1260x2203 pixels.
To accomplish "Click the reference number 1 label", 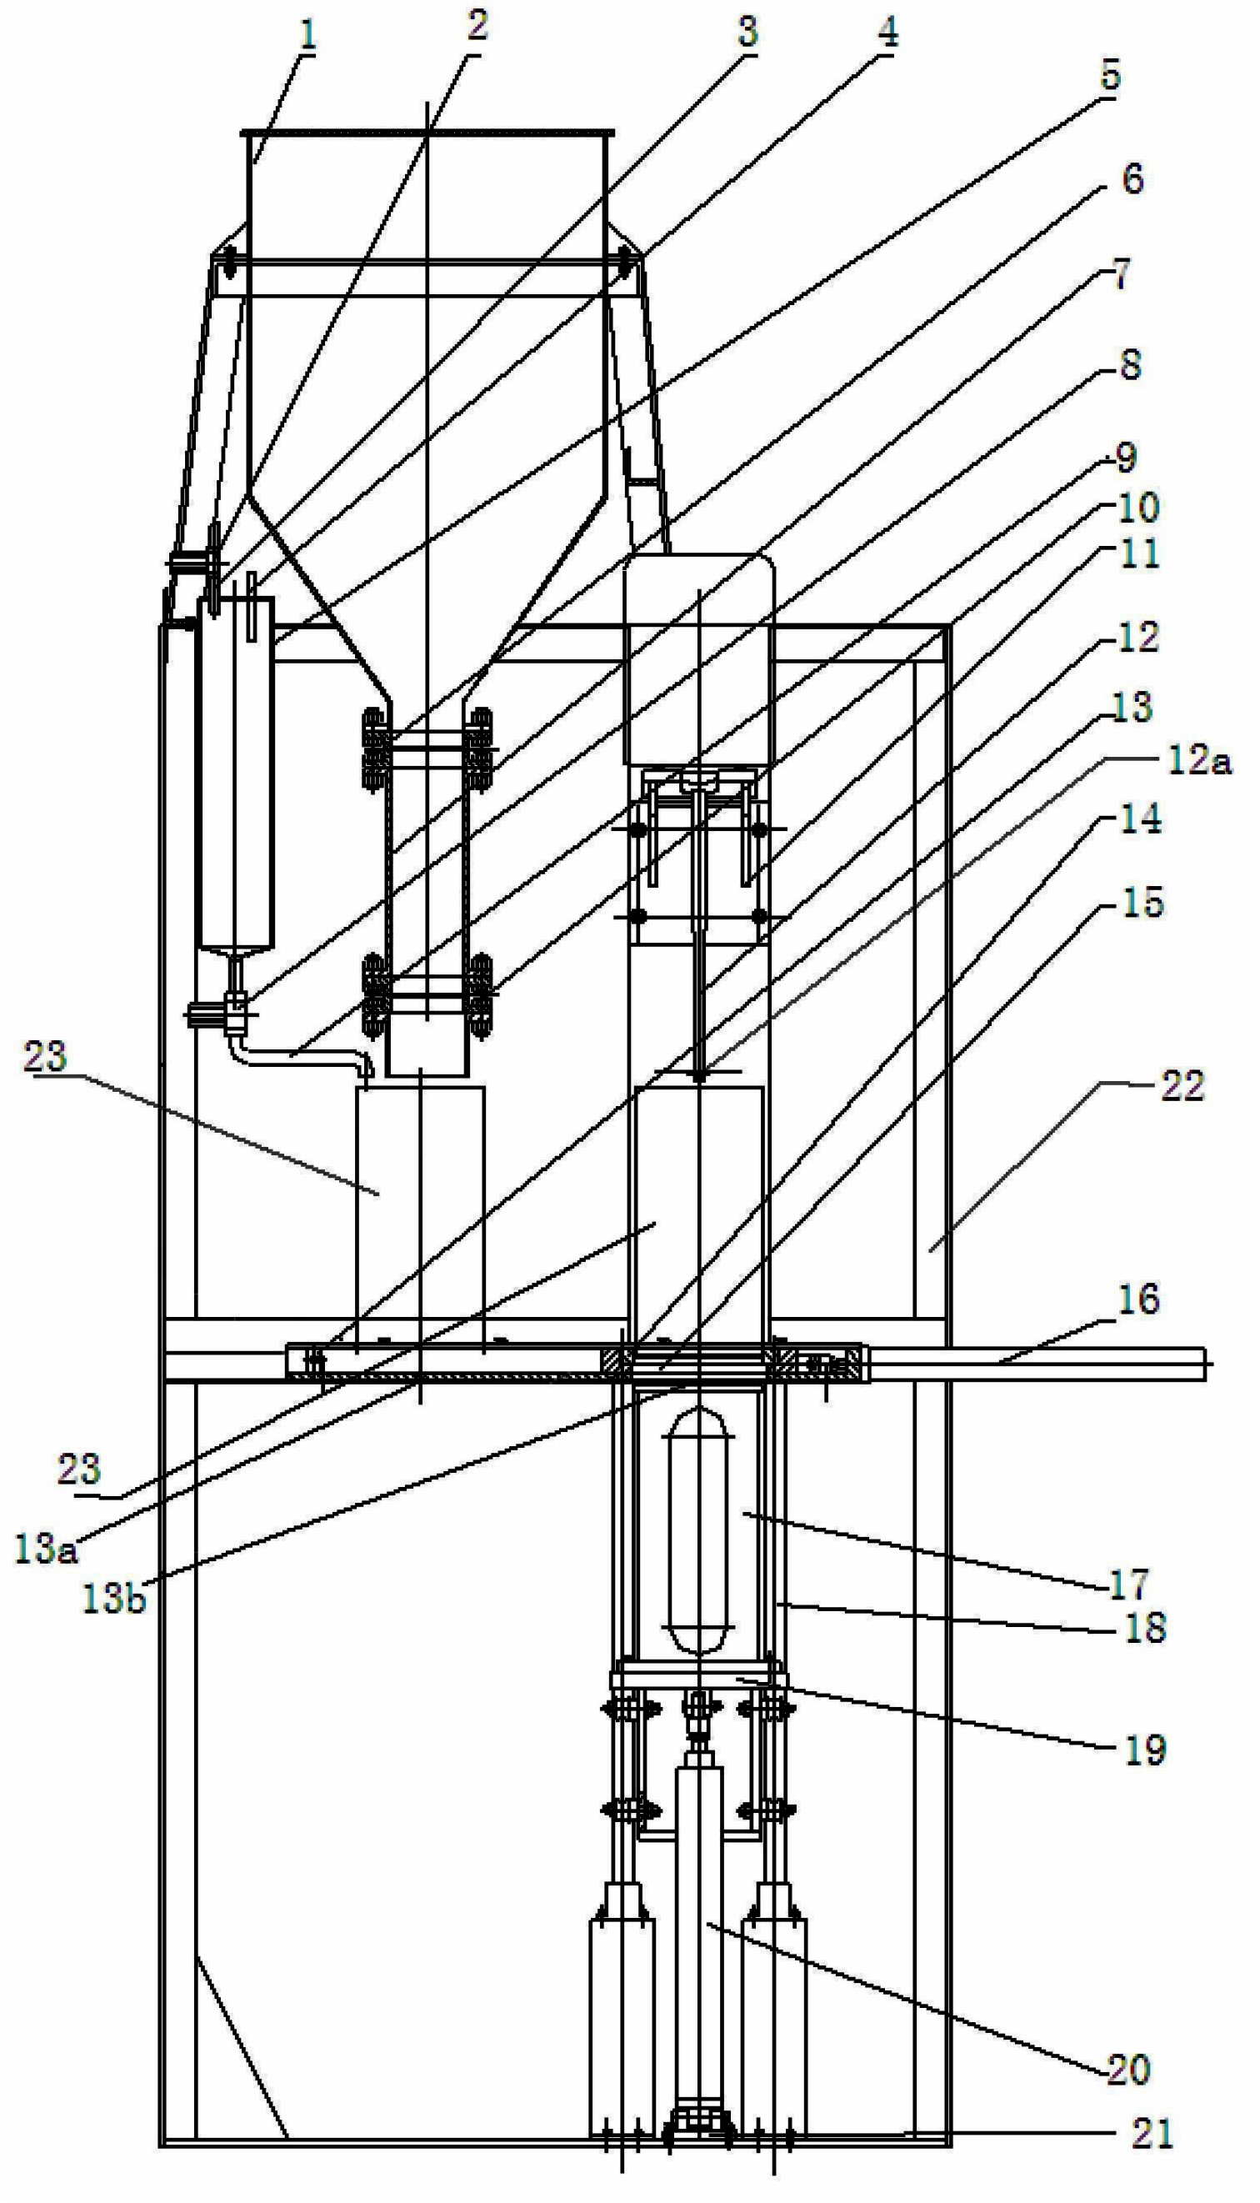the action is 308,36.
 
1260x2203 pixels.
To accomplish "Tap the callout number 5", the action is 1110,75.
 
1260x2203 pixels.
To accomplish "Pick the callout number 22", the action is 1182,1085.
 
